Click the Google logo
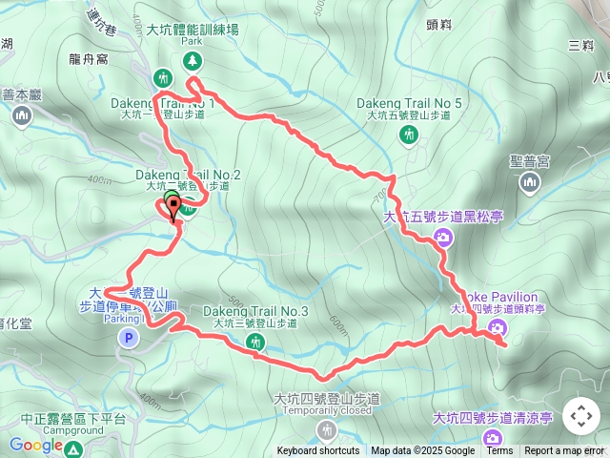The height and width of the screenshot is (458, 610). pos(36,445)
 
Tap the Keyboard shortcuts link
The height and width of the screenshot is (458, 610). pos(318,451)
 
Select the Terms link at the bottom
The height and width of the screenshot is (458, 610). pos(499,451)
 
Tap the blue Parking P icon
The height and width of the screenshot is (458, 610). pos(128,337)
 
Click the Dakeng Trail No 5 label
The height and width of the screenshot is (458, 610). pos(409,103)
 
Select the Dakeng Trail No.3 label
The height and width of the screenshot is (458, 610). pos(254,312)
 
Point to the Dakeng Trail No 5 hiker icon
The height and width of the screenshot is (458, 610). pos(409,135)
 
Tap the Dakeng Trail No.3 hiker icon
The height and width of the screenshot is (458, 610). pos(254,342)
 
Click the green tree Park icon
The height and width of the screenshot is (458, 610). pos(193,61)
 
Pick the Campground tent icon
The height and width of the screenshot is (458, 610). pos(73,448)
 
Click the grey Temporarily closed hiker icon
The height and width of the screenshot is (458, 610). pos(328,430)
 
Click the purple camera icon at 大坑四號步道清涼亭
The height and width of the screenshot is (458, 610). pos(492,438)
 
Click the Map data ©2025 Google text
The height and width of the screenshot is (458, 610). pos(422,451)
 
